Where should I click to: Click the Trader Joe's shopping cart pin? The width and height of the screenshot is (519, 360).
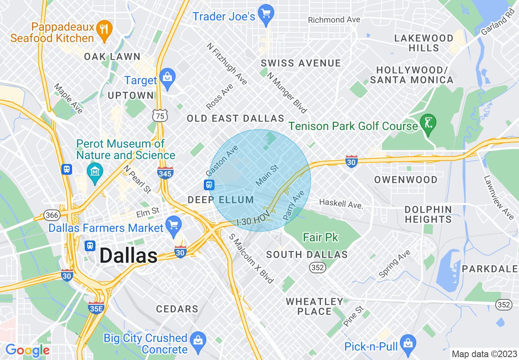coord(266,12)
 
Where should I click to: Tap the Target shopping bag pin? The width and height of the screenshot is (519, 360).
coord(167,76)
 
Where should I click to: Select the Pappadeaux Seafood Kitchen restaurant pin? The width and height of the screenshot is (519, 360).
coord(105,29)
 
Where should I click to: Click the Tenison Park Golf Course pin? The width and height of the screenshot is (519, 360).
coord(429,123)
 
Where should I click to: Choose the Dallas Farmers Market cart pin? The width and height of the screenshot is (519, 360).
coord(174,225)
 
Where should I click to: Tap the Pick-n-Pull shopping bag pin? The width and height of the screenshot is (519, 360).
coord(408,342)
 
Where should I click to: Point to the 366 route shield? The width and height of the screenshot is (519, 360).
coord(52,215)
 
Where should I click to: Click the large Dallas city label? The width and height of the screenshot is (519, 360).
coord(128,256)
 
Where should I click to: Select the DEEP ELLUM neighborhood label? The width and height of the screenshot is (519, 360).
coord(221,200)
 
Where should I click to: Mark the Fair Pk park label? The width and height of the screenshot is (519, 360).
coord(321,237)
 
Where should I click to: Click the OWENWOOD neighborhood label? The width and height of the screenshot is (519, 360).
coord(406,180)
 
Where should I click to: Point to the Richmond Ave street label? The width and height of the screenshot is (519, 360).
coord(334,20)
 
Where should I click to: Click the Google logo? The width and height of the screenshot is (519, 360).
coord(27,350)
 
